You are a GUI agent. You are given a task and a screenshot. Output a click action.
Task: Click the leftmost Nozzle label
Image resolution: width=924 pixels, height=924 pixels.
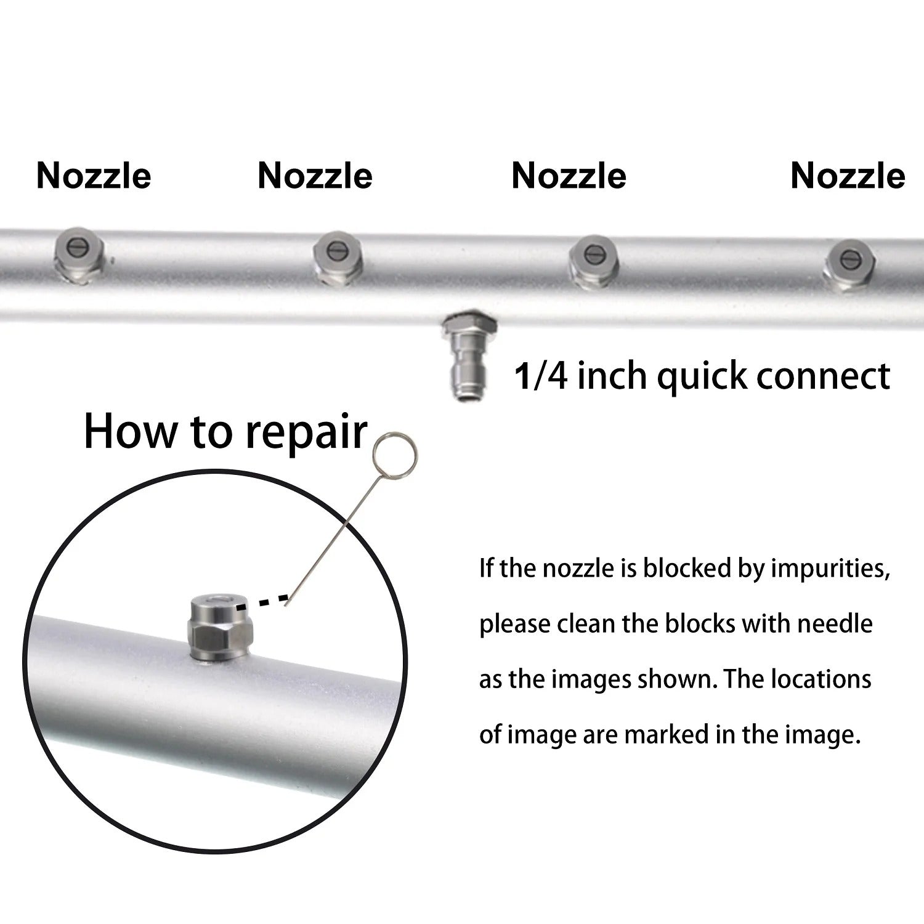(94, 176)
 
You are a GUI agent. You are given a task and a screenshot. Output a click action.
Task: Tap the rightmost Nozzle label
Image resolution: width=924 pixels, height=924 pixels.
(848, 176)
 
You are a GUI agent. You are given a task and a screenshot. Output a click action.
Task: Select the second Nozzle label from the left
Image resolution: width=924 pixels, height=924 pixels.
(315, 176)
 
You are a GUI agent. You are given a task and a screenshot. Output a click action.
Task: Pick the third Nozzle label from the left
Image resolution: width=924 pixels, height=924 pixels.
(569, 176)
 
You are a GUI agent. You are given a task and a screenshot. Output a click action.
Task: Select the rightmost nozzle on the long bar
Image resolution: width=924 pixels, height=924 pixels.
(849, 264)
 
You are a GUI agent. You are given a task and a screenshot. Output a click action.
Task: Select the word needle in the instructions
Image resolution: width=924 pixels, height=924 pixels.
(835, 623)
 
